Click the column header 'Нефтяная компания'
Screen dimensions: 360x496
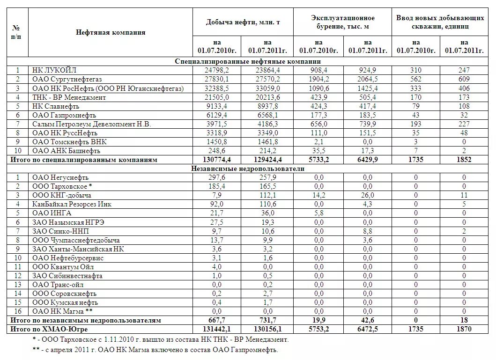pyautogui.click(x=111, y=32)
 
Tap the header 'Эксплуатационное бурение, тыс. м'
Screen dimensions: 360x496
pyautogui.click(x=342, y=22)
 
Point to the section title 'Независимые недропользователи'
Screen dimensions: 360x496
pyautogui.click(x=248, y=169)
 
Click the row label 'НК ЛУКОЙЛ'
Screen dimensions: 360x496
pyautogui.click(x=54, y=70)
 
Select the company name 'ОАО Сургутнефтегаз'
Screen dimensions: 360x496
pyautogui.click(x=67, y=79)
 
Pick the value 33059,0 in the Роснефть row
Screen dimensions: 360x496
pyautogui.click(x=267, y=88)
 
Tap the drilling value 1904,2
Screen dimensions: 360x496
pyautogui.click(x=319, y=79)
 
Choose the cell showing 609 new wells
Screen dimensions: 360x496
pyautogui.click(x=464, y=79)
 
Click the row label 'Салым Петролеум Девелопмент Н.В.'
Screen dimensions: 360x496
pyautogui.click(x=91, y=124)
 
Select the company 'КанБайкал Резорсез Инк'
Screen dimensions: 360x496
pyautogui.click(x=72, y=204)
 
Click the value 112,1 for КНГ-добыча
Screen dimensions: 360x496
pyautogui.click(x=267, y=195)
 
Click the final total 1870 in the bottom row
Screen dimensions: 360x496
pyautogui.click(x=464, y=329)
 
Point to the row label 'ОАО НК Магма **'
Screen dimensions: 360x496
pyautogui.click(x=62, y=311)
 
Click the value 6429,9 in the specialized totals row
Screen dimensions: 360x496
pyautogui.click(x=367, y=160)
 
